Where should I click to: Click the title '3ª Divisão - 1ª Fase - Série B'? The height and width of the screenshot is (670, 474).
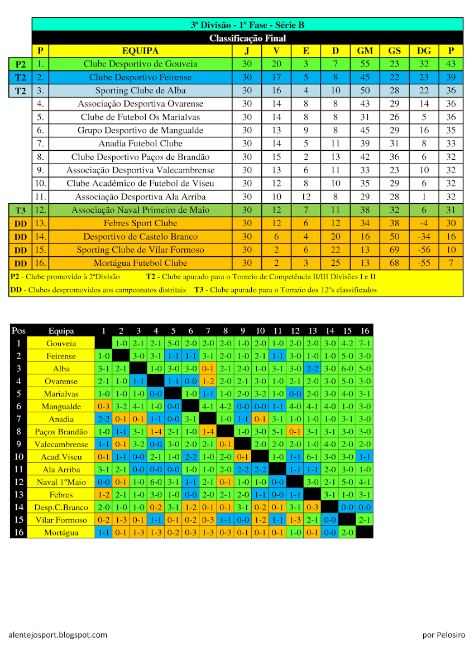(x=247, y=25)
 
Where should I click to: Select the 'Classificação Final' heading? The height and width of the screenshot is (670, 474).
(x=247, y=38)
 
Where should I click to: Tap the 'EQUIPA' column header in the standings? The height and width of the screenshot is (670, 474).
(x=140, y=51)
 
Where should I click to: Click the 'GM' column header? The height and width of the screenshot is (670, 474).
(x=365, y=51)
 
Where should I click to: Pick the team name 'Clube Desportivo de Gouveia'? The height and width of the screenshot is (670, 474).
(x=140, y=64)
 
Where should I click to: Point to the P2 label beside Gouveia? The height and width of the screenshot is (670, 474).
(x=20, y=64)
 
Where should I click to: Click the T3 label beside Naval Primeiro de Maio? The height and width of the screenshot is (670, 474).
(x=20, y=210)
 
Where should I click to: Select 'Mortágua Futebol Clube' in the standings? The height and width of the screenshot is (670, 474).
(x=140, y=263)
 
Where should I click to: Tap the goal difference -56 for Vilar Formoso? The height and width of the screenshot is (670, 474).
(x=424, y=250)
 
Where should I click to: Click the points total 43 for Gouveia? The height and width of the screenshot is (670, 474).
(x=451, y=64)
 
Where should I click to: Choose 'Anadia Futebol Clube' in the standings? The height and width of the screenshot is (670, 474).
(x=140, y=143)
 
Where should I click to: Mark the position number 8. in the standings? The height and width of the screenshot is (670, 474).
(x=40, y=157)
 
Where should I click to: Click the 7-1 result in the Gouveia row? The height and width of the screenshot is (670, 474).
(x=365, y=343)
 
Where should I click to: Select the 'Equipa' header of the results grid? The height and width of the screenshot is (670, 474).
(x=61, y=331)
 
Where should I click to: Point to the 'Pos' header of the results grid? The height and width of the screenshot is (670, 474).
(x=18, y=331)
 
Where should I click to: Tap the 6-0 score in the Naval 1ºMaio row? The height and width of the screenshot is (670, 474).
(x=156, y=482)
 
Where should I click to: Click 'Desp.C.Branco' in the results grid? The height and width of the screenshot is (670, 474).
(x=61, y=508)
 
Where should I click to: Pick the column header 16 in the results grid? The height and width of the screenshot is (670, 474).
(x=365, y=331)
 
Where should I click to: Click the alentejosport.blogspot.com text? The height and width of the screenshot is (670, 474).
(x=58, y=635)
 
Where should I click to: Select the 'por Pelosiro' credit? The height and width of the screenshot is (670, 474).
(x=444, y=635)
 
